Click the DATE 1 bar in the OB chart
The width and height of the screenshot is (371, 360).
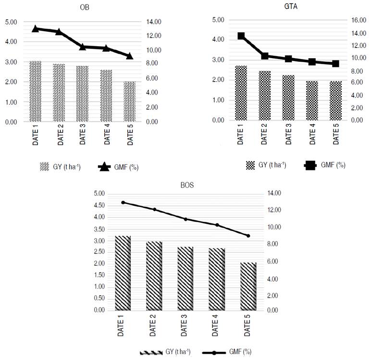tap(35, 91)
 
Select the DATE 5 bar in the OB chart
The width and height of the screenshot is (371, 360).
tap(130, 101)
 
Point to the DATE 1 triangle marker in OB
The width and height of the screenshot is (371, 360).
tap(35, 29)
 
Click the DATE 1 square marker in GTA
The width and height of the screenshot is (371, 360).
tap(241, 36)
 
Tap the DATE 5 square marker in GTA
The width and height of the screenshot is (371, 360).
tap(335, 63)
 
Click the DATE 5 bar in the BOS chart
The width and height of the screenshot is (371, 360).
tap(248, 286)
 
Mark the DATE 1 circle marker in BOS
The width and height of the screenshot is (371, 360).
tap(124, 203)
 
